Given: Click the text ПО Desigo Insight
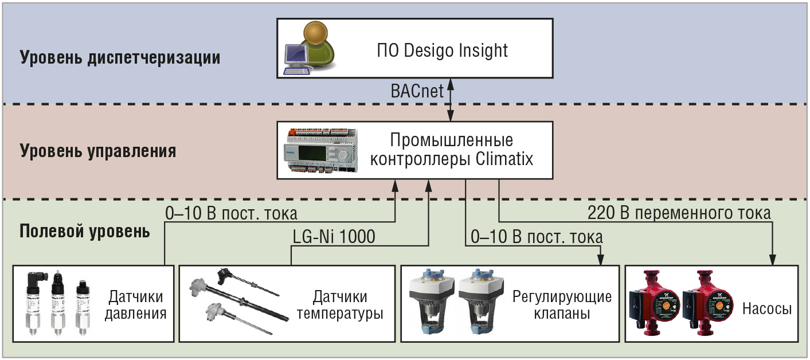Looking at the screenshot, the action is point(442,50).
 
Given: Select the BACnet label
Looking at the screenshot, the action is point(417,91).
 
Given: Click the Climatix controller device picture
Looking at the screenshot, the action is point(321,150).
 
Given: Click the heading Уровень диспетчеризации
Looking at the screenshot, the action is point(120,57).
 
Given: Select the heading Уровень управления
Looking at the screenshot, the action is point(98,151).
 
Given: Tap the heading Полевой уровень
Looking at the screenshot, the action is point(85,232).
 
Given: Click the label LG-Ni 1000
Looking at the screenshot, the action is point(334,237).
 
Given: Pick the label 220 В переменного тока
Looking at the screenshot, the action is point(679,213).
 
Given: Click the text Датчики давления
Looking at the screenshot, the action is point(136,305).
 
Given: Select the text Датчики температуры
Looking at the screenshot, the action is point(340,305).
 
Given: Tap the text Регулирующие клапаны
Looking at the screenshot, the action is point(562,305).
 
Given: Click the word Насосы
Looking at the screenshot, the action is point(767,309).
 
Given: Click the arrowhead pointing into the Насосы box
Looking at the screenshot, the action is point(772,260).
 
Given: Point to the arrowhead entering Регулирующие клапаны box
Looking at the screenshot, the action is point(601,260).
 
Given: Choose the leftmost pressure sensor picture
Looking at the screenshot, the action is point(36,303).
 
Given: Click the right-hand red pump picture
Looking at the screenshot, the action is point(708,303).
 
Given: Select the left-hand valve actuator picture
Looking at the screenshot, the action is point(431,301).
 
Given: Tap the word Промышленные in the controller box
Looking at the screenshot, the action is point(451,140).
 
